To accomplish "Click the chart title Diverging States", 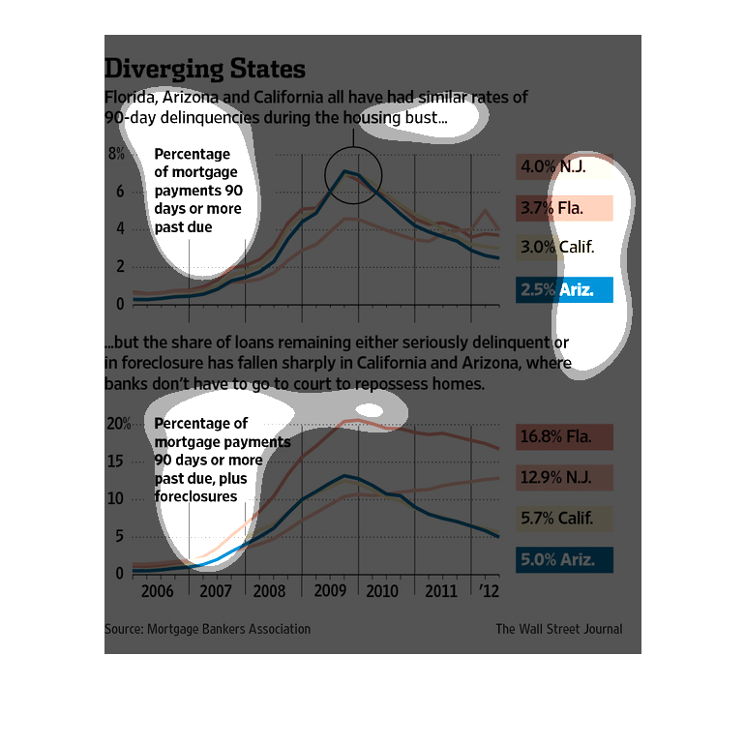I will [205, 70].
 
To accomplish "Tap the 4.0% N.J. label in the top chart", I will [565, 166].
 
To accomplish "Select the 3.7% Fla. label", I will [565, 207].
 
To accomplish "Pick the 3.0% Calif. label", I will [565, 247].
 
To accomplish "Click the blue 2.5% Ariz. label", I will [565, 288].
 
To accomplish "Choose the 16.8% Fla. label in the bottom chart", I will [565, 436].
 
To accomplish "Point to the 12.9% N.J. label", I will [565, 477].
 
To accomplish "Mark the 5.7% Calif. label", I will [565, 519].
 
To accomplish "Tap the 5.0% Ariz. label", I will [565, 559].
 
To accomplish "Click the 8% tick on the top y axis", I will [116, 154].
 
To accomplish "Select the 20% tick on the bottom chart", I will [118, 424].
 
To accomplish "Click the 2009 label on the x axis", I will [330, 591].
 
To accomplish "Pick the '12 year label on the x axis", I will [489, 591].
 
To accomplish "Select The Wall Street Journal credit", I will [559, 629].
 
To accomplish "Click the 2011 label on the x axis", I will [442, 591].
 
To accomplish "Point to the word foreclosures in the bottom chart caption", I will [196, 496].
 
